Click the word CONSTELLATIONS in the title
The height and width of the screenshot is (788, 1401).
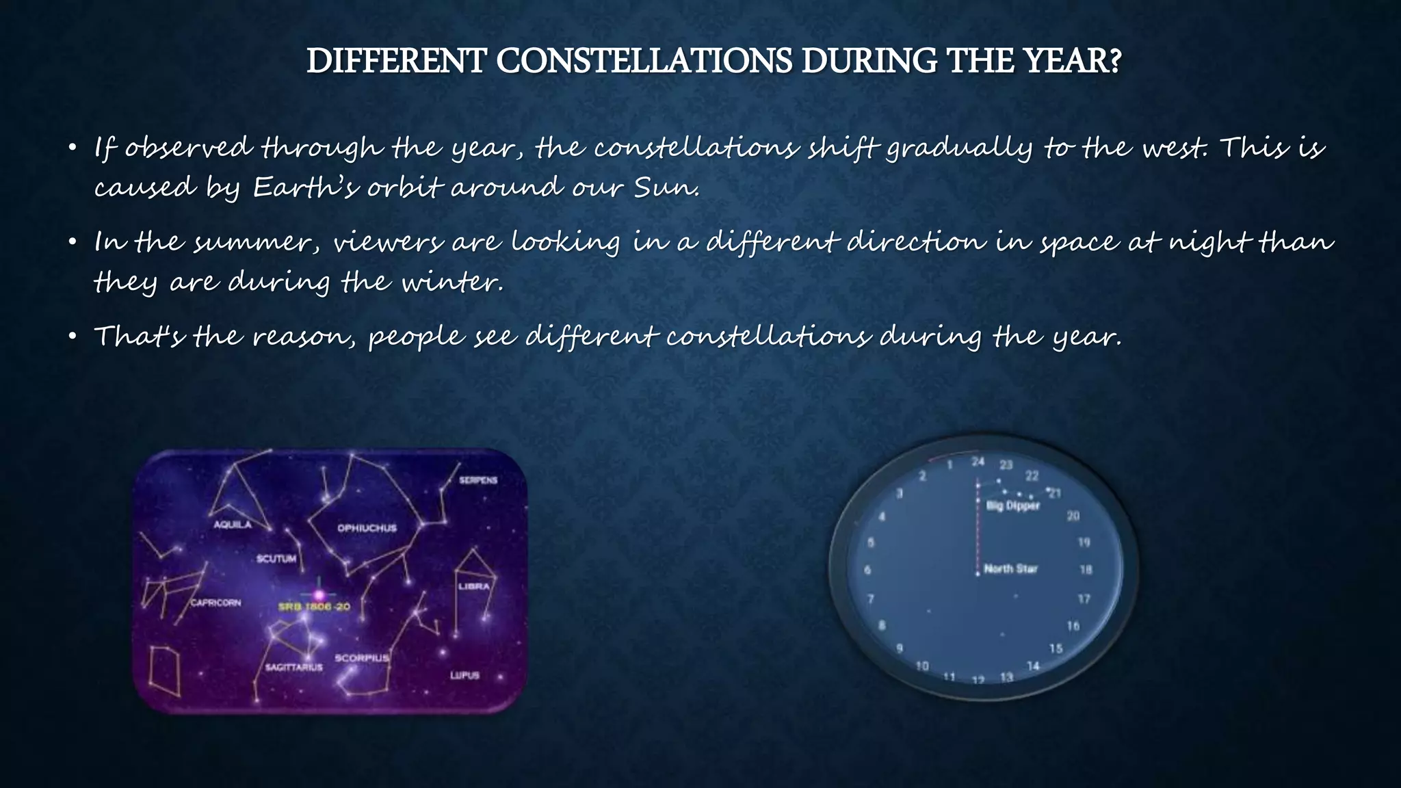[x=644, y=62]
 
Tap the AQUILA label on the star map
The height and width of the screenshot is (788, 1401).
[x=233, y=525]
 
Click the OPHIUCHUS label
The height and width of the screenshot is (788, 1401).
[x=367, y=527]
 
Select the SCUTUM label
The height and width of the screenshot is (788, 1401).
[x=276, y=559]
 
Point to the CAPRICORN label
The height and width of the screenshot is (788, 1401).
[x=215, y=603]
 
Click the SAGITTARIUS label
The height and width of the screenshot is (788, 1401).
[x=293, y=667]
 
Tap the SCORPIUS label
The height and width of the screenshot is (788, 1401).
[x=361, y=658]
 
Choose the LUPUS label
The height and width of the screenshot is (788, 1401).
[x=464, y=675]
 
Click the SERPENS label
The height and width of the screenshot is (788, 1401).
[x=477, y=480]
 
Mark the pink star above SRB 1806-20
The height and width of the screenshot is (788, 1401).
[x=318, y=594]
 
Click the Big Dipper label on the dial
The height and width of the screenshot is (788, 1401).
[x=1012, y=505]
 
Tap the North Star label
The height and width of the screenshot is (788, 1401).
[x=1010, y=568]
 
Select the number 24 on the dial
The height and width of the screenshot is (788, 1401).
[x=978, y=462]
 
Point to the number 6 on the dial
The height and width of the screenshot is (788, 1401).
[x=867, y=570]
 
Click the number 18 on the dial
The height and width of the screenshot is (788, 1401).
[x=1086, y=569]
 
